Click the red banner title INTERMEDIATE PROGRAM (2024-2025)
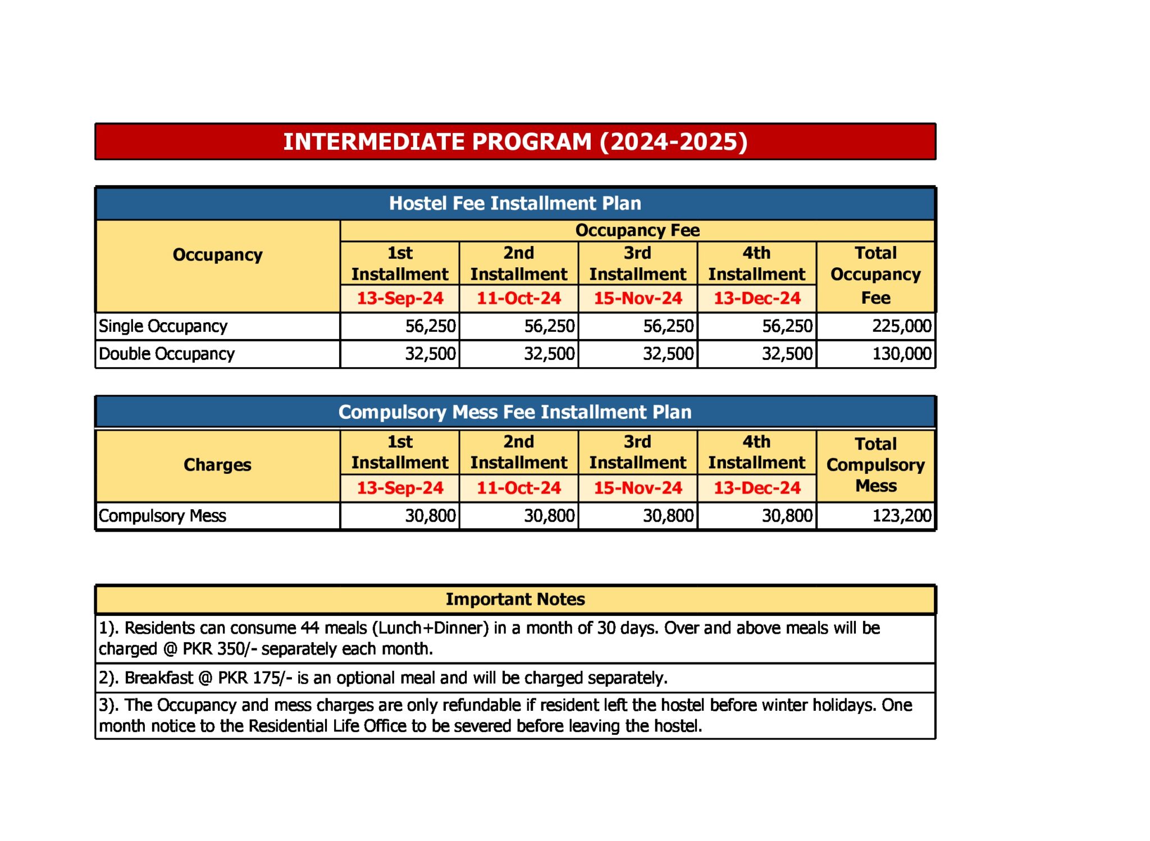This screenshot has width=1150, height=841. (515, 141)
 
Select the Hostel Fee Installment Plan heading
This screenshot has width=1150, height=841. (515, 203)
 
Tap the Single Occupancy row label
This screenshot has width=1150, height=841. (163, 326)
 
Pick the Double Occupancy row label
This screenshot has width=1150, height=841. (166, 354)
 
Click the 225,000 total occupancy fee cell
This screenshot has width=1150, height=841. (901, 326)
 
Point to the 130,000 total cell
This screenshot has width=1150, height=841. (901, 354)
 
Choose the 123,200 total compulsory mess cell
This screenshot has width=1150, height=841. (901, 515)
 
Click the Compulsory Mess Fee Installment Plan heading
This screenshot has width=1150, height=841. (515, 412)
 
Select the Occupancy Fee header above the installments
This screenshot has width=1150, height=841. (637, 230)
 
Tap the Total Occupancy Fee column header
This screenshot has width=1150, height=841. (875, 275)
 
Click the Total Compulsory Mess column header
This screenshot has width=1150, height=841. (875, 465)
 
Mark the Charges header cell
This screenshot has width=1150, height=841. (217, 465)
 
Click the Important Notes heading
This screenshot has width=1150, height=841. (515, 599)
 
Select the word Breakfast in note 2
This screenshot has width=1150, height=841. (159, 678)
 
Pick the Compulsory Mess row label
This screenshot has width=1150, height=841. (162, 515)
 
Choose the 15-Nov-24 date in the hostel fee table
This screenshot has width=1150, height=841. (638, 298)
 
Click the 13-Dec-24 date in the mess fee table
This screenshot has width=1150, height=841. (757, 488)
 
